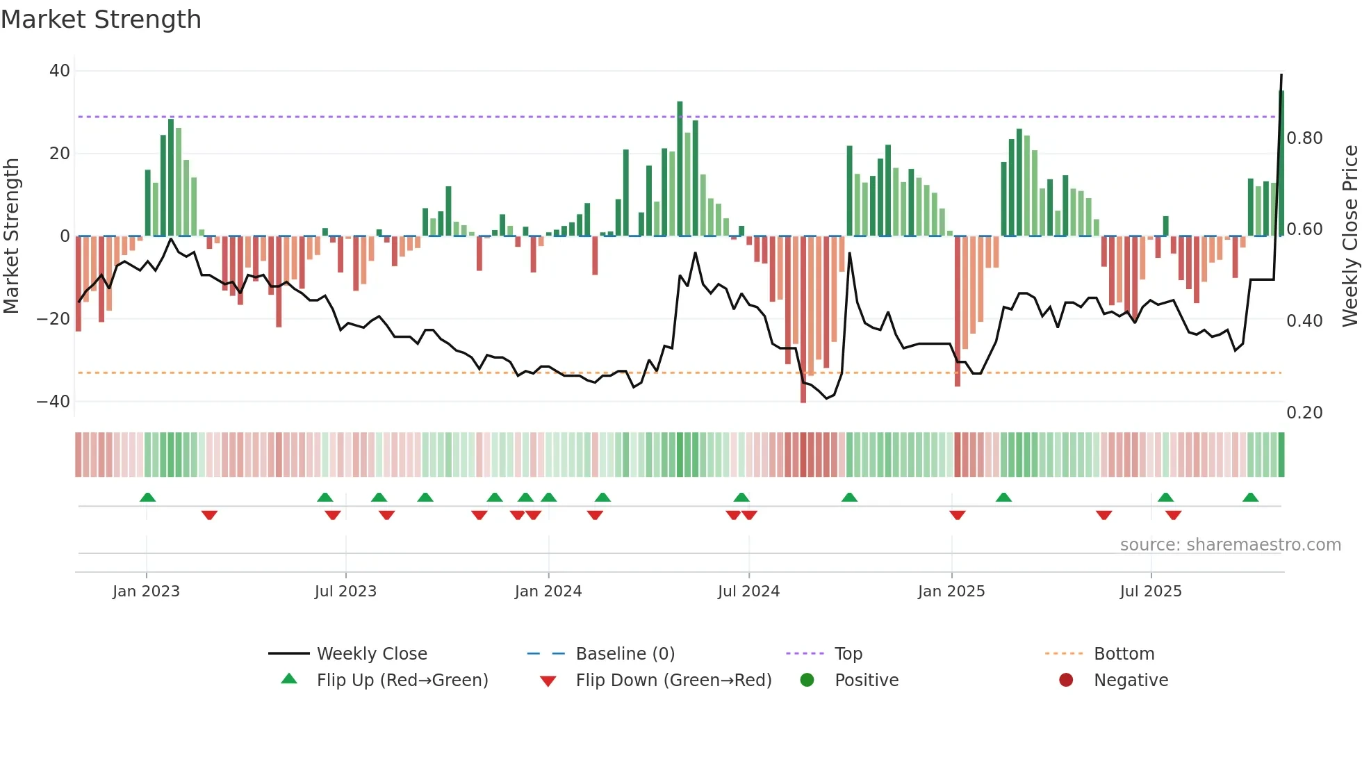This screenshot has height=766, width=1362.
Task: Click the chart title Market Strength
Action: tap(101, 19)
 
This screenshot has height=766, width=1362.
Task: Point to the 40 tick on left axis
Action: tap(60, 71)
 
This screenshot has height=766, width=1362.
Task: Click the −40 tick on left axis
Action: tap(54, 402)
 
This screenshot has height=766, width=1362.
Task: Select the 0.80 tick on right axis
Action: tap(1304, 138)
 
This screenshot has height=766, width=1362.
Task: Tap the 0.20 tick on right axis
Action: tap(1304, 413)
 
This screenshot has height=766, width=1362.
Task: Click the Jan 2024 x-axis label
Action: tap(548, 592)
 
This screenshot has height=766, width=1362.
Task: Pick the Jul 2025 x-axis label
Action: tap(1151, 592)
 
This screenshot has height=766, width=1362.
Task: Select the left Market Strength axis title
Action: tap(12, 236)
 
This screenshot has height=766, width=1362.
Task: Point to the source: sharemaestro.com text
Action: tap(1230, 545)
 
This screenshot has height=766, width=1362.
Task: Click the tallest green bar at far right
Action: tap(1281, 163)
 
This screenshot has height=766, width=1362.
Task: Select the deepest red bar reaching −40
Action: tap(803, 320)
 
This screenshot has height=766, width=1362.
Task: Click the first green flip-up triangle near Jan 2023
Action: tap(147, 498)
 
